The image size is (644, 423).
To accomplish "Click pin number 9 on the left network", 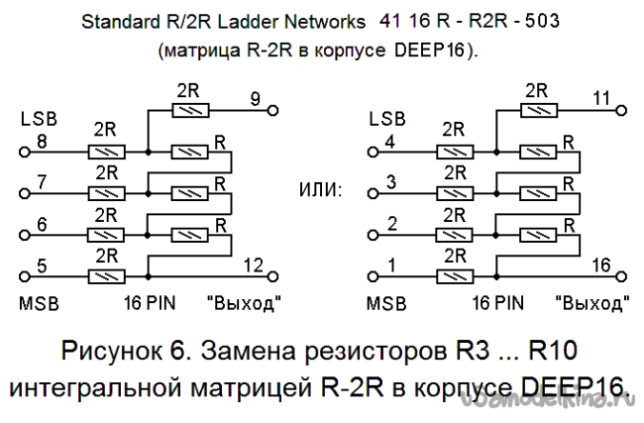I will (x=255, y=97).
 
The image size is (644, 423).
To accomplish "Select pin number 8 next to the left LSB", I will (x=42, y=140).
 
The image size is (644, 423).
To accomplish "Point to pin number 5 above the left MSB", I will (x=42, y=264).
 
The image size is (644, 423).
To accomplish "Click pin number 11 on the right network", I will (x=600, y=97).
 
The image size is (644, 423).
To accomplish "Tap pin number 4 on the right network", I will (x=391, y=140).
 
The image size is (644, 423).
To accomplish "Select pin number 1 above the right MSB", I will (x=391, y=264).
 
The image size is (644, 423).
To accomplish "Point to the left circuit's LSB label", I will (x=39, y=119).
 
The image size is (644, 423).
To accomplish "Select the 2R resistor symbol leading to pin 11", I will (x=537, y=111).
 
